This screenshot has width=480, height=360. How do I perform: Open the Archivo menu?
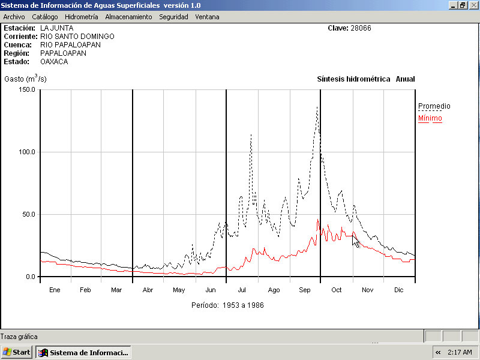click(x=14, y=17)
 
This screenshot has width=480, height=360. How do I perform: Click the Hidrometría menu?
click(x=81, y=17)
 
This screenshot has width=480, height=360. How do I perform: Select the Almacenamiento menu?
click(x=128, y=17)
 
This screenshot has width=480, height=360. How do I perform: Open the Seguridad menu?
click(x=173, y=17)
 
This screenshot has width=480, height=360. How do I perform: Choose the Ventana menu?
click(x=207, y=17)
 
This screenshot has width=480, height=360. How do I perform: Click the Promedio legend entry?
click(x=434, y=106)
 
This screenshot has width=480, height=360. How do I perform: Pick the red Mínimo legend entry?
click(x=430, y=118)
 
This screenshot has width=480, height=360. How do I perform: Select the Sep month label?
click(x=305, y=290)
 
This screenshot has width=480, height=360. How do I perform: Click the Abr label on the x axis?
click(x=148, y=290)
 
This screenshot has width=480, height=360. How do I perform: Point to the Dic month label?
click(x=399, y=290)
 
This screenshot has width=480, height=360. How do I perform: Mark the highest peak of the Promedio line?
click(x=317, y=107)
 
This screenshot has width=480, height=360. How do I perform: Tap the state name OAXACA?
click(x=54, y=61)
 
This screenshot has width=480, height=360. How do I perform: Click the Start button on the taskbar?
click(x=17, y=352)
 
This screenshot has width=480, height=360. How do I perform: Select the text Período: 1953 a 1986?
click(x=227, y=305)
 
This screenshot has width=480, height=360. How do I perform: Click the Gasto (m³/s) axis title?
click(x=25, y=79)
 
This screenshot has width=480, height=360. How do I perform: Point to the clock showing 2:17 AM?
click(x=460, y=352)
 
